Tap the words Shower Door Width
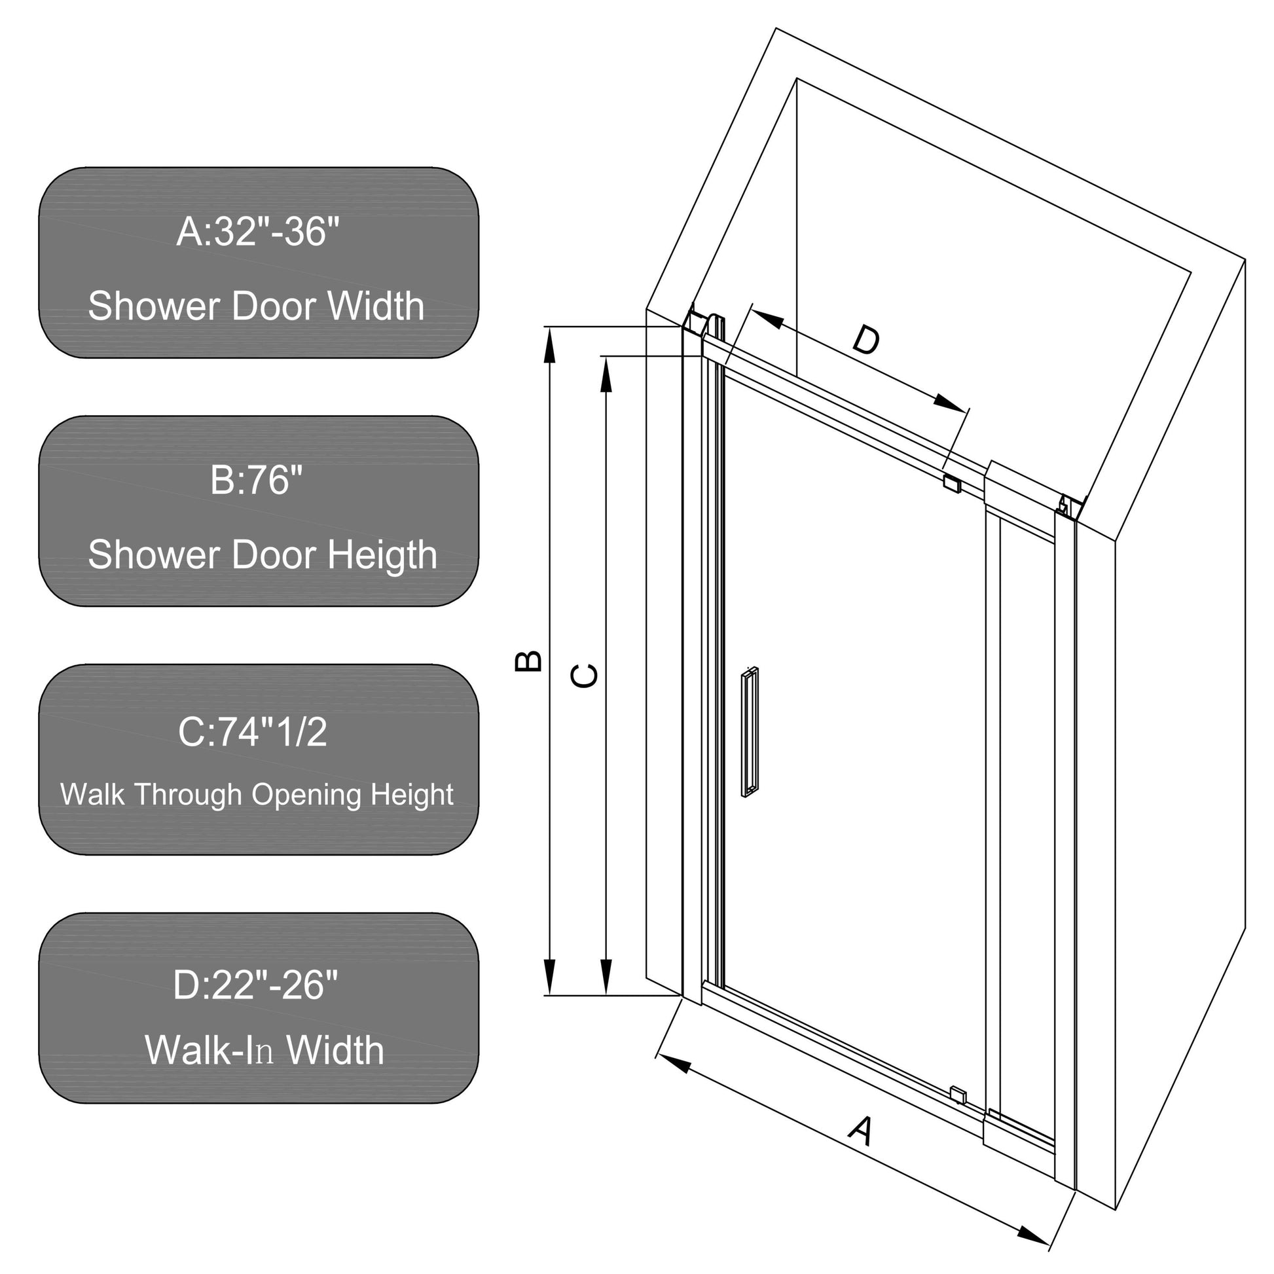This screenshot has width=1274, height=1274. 256,306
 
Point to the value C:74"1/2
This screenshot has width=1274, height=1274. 253,732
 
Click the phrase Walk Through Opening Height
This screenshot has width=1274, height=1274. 257,795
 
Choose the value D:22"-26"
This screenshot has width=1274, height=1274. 256,985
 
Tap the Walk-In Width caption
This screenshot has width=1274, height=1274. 264,1050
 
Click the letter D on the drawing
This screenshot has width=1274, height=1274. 866,341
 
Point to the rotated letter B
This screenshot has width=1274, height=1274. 528,661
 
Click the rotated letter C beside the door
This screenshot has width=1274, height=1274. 584,676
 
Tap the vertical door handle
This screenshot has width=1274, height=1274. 750,733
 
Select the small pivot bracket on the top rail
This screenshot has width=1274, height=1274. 952,483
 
